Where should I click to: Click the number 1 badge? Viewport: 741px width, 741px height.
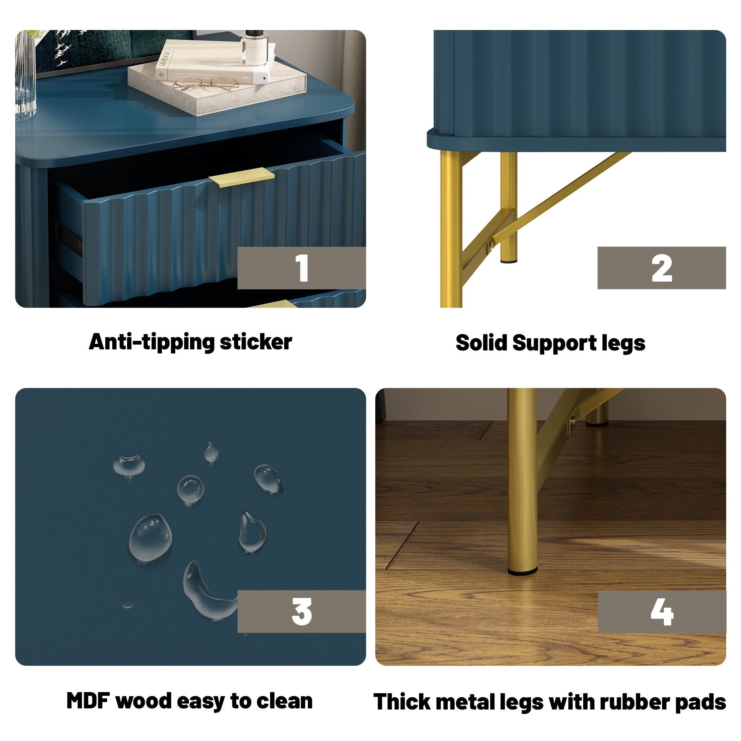coord(302,268)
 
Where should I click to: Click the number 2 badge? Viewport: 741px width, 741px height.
coord(661,268)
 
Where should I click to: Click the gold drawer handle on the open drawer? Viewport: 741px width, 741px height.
coord(242,177)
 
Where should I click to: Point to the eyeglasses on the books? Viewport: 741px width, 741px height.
coord(205,84)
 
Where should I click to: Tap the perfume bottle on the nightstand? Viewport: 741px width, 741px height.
coord(253,48)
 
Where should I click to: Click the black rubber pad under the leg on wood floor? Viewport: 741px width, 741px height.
coord(522,572)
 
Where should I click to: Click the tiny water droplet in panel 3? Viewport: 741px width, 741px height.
coord(127,605)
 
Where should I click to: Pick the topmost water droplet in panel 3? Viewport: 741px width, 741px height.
coord(211,452)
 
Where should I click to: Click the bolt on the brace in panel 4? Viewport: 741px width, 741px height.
coord(573,422)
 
